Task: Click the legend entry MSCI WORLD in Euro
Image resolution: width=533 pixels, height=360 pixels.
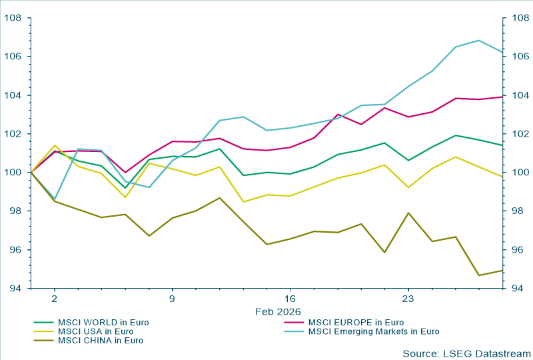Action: (x=103, y=323)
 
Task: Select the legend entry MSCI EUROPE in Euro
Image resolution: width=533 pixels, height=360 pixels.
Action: (x=356, y=323)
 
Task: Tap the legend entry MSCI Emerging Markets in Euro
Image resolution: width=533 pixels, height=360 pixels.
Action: (x=374, y=331)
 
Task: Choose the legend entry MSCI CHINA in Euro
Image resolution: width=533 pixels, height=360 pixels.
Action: (x=101, y=340)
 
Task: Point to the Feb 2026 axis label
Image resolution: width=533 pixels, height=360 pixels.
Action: (x=278, y=311)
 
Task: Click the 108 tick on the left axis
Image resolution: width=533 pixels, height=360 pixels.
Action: (x=13, y=18)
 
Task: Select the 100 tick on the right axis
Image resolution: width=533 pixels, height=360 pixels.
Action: (x=518, y=173)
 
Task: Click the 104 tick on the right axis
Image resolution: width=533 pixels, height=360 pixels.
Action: (x=518, y=95)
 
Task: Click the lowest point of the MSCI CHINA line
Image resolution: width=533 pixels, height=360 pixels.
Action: (x=479, y=275)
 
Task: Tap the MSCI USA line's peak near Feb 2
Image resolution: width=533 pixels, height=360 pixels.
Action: (x=55, y=145)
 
